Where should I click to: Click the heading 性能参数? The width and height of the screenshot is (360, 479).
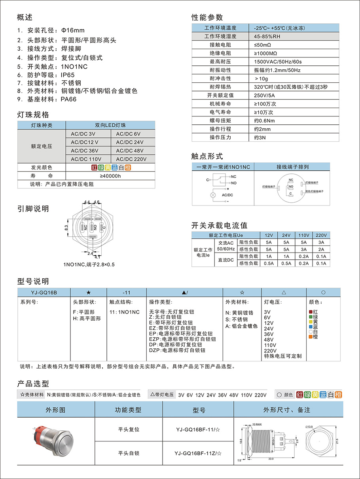[207, 17]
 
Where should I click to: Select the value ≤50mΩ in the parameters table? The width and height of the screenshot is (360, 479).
[263, 45]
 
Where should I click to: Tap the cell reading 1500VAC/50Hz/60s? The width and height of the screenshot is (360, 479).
[278, 62]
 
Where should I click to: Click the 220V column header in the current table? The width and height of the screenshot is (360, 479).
[322, 235]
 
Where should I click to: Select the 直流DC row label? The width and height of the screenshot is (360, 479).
[226, 260]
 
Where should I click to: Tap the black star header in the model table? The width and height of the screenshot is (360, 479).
[88, 292]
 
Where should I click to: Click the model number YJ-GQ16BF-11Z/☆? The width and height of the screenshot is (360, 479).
[198, 453]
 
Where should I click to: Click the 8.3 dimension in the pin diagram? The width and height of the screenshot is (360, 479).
[66, 228]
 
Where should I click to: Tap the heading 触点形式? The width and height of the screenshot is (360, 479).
[207, 156]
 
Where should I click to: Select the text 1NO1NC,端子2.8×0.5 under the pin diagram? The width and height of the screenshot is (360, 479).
[89, 264]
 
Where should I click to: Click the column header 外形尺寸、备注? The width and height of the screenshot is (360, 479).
[287, 410]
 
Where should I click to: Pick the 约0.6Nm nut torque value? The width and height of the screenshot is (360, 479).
[264, 120]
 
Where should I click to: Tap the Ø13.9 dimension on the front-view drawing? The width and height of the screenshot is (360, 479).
[309, 426]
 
